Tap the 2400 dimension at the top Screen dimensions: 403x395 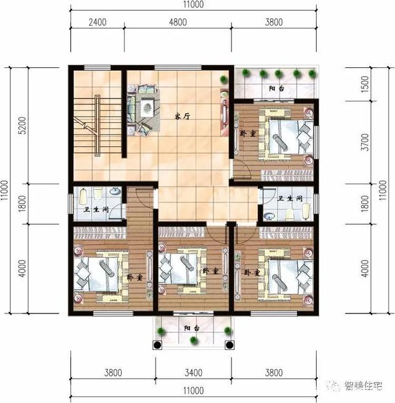click(98, 22)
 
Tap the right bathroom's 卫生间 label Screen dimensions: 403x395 click(289, 199)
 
